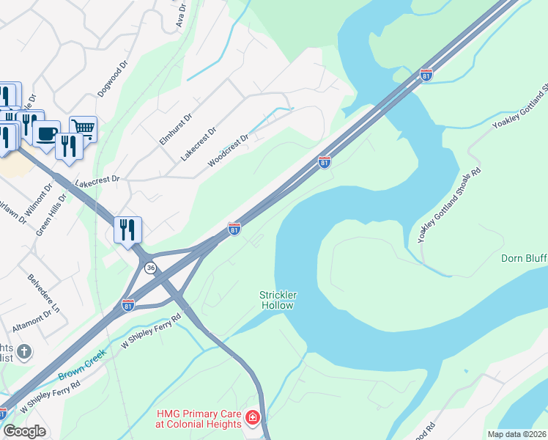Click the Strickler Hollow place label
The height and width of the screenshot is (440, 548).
click(277, 300)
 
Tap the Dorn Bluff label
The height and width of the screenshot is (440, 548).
click(523, 258)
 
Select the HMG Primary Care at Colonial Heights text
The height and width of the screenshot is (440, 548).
click(198, 419)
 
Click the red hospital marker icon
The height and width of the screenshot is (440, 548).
click(253, 419)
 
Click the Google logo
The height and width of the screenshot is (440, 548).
click(24, 431)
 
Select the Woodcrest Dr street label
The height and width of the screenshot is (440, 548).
click(230, 150)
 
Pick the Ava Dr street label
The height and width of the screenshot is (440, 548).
click(181, 15)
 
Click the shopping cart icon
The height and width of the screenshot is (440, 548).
click(83, 128)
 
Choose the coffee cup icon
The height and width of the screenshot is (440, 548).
click(47, 133)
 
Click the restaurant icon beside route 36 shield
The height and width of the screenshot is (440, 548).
click(127, 230)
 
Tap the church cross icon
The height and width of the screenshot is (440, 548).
click(24, 352)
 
